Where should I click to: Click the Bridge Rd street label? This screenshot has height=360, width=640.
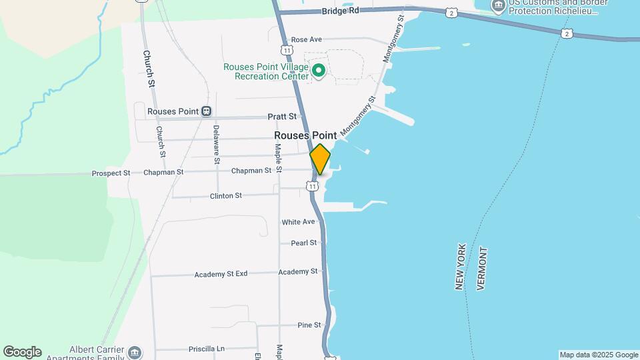point(340,11)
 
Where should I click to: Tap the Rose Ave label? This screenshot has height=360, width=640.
point(307,40)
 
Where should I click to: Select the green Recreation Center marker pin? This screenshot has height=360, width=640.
point(319,69)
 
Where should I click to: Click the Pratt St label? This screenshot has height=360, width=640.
point(281,116)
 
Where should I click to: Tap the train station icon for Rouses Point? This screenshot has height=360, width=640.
point(207,111)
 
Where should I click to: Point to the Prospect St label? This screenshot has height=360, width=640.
point(111,173)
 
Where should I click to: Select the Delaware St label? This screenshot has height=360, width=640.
point(216,144)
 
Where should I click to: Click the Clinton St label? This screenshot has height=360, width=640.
point(225,196)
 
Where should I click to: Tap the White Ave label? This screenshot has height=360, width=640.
point(298,222)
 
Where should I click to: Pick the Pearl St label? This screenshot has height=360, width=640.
point(303,243)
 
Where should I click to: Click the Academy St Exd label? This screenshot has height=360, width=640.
point(221,274)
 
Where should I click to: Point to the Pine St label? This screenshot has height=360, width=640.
point(309,325)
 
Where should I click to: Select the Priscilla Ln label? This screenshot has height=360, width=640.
point(207,349)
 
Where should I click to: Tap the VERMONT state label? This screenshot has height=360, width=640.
point(483,268)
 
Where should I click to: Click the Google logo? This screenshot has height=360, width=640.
point(22,352)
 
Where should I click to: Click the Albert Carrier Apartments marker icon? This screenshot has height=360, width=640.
point(135,352)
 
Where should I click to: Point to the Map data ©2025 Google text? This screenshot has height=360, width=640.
point(599,355)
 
